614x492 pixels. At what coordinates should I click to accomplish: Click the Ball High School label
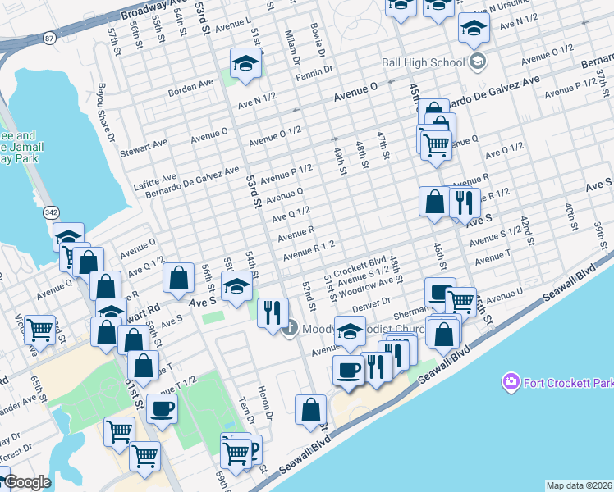tap(423, 62)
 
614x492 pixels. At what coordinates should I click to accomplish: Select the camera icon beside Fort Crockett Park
tap(511, 382)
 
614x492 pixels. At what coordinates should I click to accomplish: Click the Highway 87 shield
tap(50, 38)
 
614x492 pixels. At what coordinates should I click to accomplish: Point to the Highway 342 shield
tap(52, 212)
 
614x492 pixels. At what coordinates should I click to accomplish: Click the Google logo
tap(26, 482)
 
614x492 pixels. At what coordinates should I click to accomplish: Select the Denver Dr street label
tap(369, 303)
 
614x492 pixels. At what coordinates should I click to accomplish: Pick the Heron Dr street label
tap(264, 399)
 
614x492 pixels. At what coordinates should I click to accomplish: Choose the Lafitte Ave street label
tap(156, 177)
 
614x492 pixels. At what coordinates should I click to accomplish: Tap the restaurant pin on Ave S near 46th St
tap(465, 202)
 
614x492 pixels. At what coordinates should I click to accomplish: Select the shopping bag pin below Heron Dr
tap(311, 410)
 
